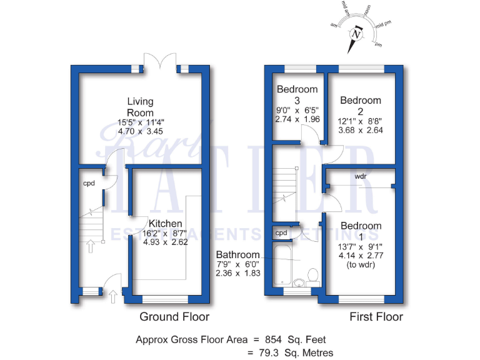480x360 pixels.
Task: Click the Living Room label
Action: tap(140, 107)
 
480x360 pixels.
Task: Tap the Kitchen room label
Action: tap(166, 223)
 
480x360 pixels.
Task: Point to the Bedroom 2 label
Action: tap(361, 100)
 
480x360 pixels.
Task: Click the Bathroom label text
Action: tap(237, 255)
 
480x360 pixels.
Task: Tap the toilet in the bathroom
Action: tap(314, 276)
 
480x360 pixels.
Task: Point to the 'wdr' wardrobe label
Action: tap(360, 176)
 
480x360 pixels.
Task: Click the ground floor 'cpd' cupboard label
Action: tap(89, 184)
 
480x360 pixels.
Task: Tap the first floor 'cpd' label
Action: tap(281, 233)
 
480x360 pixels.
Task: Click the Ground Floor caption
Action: tap(174, 317)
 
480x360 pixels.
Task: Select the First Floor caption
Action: tap(377, 317)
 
